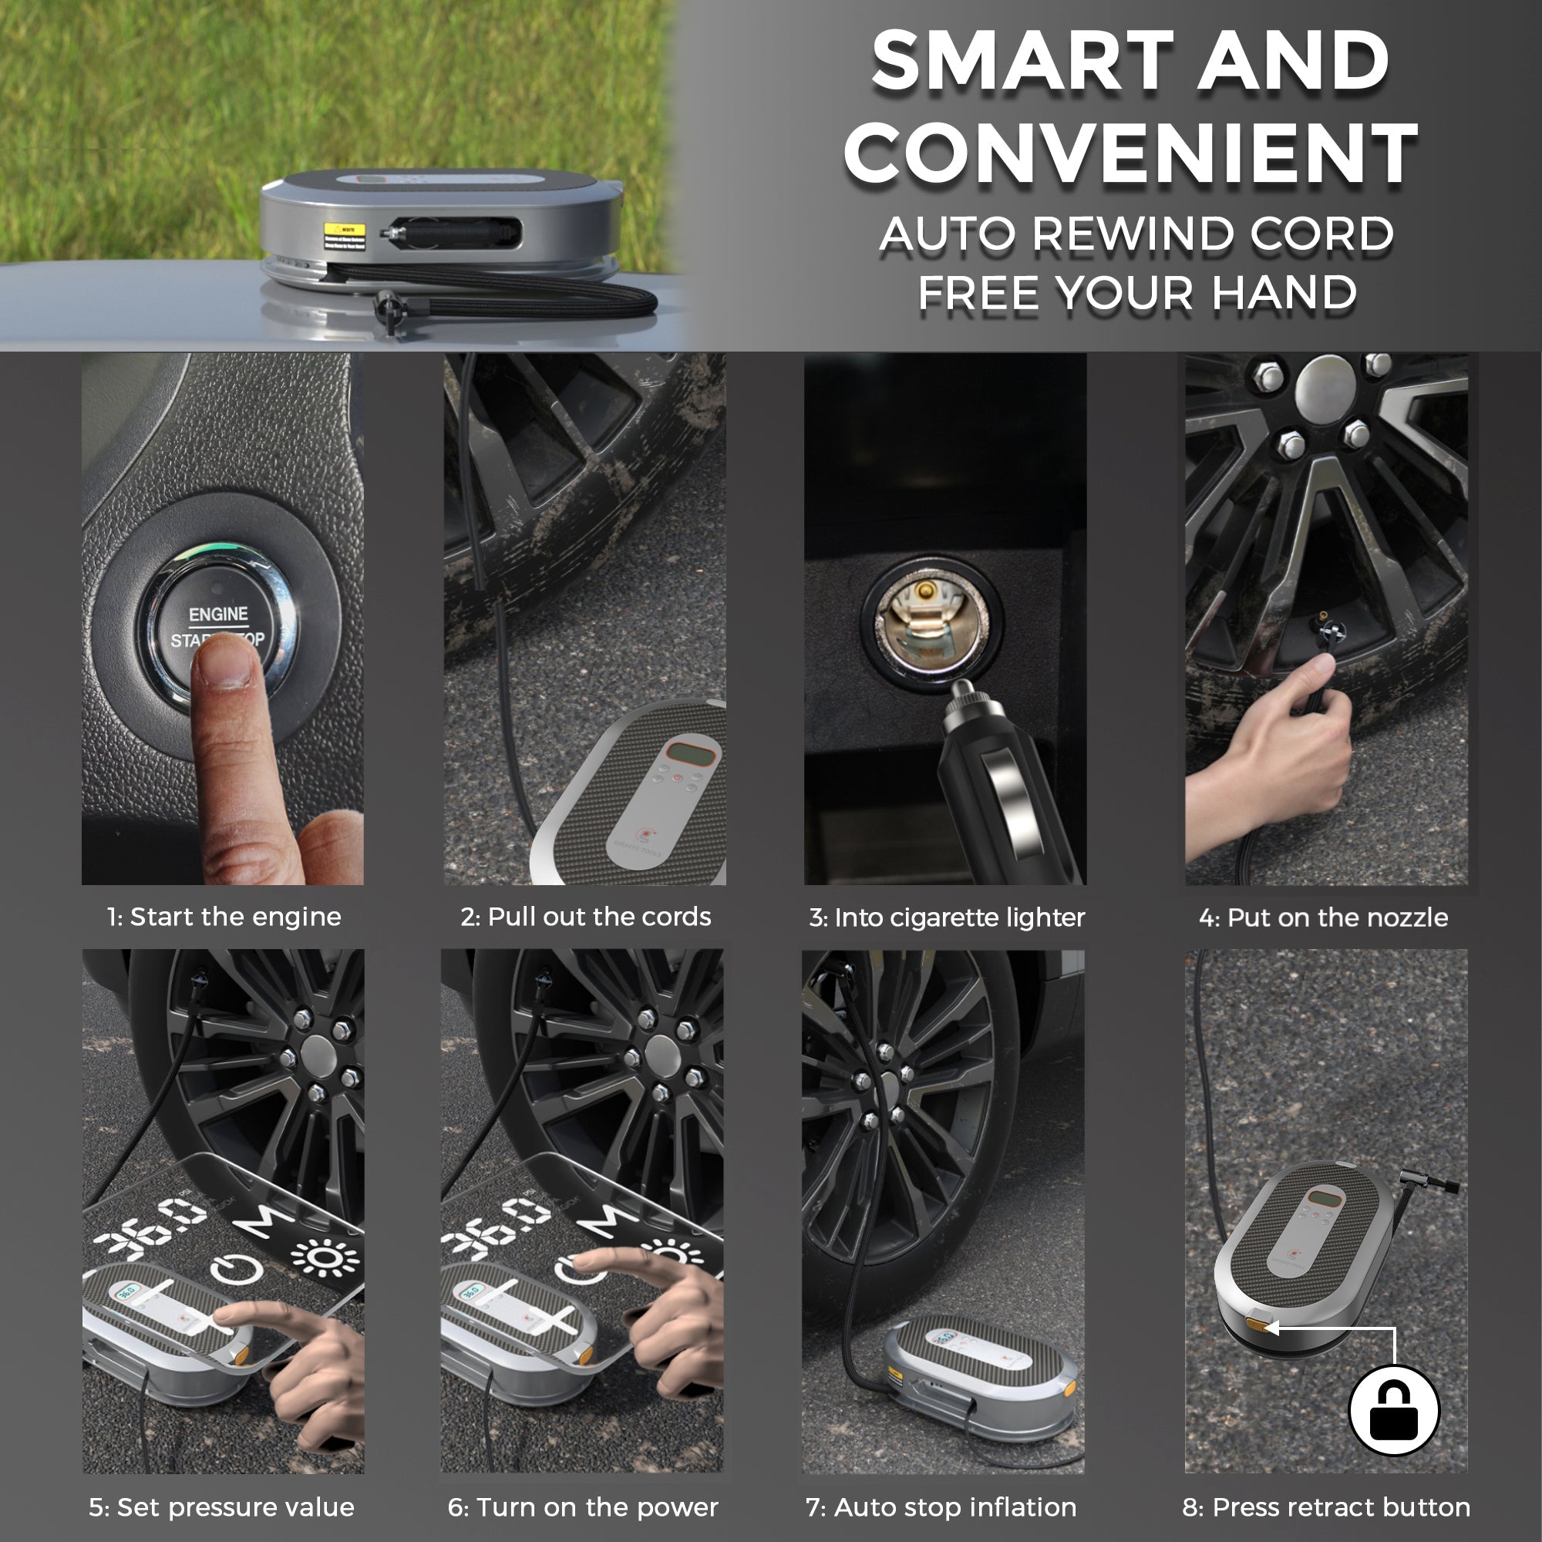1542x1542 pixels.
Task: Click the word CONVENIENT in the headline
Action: click(x=1130, y=153)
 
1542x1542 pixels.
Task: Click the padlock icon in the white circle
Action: click(x=1393, y=1411)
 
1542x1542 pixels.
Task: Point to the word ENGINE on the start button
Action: click(x=218, y=614)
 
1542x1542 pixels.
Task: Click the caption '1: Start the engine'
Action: click(x=224, y=916)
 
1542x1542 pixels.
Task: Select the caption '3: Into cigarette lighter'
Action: click(x=947, y=917)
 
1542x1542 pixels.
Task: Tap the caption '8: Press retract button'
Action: click(x=1325, y=1507)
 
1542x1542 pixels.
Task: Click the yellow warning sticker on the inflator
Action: click(x=344, y=235)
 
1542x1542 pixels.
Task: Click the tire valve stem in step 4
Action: click(x=1325, y=630)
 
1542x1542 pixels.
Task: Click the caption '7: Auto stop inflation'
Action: click(x=941, y=1507)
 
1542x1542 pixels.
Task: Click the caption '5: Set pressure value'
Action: click(x=221, y=1507)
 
